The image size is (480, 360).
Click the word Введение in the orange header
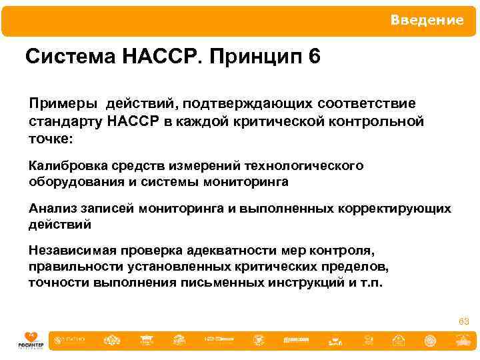(427, 20)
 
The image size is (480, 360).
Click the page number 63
(463, 322)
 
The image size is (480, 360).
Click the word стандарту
(64, 123)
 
